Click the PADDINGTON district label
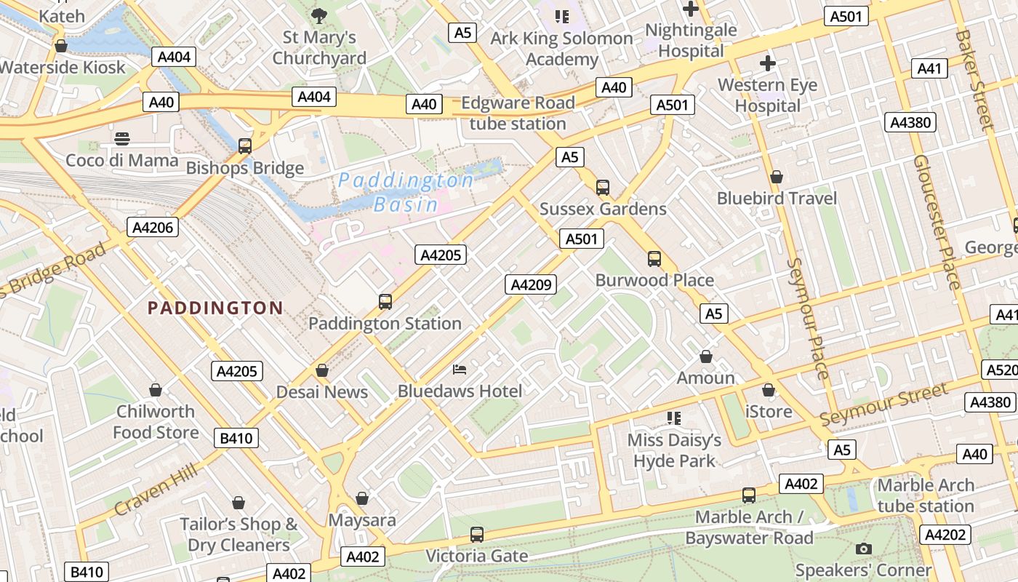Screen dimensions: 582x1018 tap(215, 308)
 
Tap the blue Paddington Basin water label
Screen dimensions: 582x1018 tap(406, 192)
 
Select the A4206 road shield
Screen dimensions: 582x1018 tap(153, 227)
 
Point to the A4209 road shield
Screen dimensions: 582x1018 tap(531, 284)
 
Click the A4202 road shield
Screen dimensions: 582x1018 tap(945, 535)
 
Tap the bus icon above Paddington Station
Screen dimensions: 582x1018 tap(385, 301)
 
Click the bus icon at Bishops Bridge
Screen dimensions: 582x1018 tap(245, 145)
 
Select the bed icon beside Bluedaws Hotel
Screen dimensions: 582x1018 tap(460, 370)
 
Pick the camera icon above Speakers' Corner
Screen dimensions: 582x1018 tap(863, 549)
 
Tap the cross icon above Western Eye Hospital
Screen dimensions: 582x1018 tap(767, 63)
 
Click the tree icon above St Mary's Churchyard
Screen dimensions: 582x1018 tap(318, 15)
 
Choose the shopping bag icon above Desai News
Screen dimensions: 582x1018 tap(322, 370)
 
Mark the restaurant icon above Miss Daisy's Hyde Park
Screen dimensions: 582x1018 tap(674, 418)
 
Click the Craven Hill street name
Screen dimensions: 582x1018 tap(156, 492)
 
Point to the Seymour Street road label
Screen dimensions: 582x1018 tap(883, 404)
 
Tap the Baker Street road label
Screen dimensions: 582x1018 tap(974, 80)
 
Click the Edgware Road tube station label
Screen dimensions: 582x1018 tap(518, 113)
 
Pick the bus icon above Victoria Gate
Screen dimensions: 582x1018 tap(476, 535)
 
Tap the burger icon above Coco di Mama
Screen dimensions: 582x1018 tap(122, 138)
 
